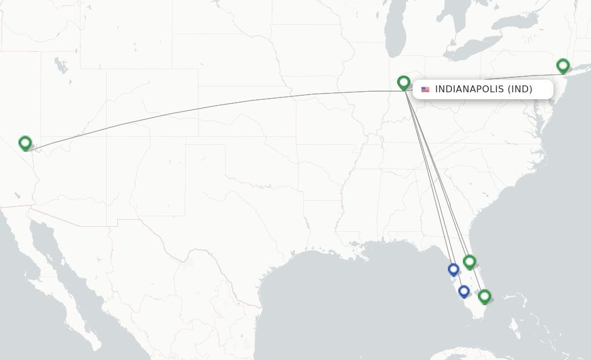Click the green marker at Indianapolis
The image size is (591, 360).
pos(403,83)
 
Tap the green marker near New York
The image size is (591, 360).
pos(563,66)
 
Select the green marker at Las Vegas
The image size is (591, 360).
pos(25,142)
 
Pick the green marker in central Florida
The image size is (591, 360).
pos(469,262)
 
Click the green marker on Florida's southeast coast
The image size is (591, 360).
pos(484,297)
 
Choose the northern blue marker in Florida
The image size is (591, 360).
pos(453,269)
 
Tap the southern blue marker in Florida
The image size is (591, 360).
pos(463,291)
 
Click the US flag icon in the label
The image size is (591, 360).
pos(425,89)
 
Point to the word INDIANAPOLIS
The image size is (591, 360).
pos(469,89)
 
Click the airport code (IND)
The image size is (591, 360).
pos(520,89)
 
